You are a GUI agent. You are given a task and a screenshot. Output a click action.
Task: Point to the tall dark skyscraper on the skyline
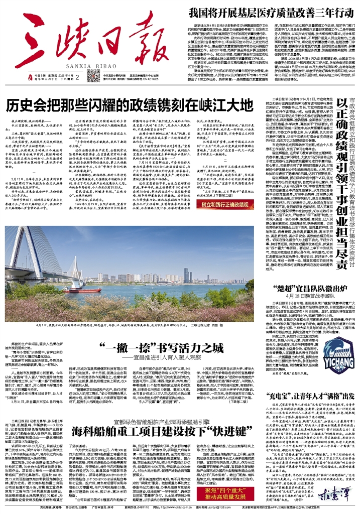click(186, 275)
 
